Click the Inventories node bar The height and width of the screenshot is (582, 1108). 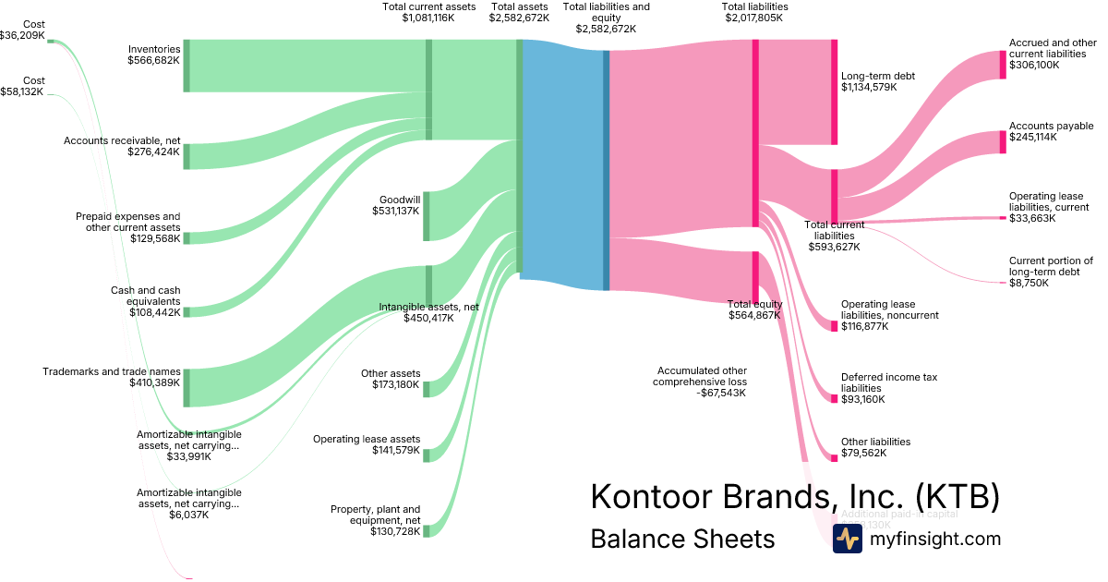click(x=187, y=66)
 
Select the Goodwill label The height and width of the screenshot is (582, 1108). click(x=400, y=199)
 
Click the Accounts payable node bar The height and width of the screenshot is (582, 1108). click(x=1003, y=142)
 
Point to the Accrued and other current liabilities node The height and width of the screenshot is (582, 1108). click(x=1003, y=65)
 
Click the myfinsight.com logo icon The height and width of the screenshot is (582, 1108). click(x=847, y=539)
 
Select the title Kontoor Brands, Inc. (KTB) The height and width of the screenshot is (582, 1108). click(x=795, y=497)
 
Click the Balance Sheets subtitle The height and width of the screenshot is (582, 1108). click(x=682, y=539)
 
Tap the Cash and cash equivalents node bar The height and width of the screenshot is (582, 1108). click(x=187, y=312)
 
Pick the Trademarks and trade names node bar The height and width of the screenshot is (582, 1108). click(x=187, y=387)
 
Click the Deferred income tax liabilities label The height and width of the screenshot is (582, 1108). click(x=889, y=382)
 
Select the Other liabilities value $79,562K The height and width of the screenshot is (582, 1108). click(x=863, y=454)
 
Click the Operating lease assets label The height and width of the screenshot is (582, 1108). click(x=367, y=439)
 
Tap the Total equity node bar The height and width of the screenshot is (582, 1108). click(x=755, y=277)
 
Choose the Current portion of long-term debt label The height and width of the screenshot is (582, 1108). click(x=1051, y=266)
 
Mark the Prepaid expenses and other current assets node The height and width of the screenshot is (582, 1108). click(x=187, y=238)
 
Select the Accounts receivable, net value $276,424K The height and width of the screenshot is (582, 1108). click(x=153, y=151)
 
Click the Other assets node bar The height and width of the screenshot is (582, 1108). click(x=426, y=389)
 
